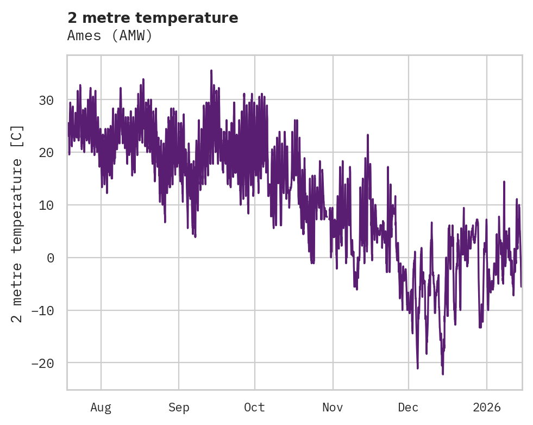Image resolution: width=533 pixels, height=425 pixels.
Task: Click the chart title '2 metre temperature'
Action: (153, 18)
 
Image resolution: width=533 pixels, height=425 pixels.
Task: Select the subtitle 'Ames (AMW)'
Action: (110, 36)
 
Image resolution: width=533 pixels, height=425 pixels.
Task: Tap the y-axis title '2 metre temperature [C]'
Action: (17, 223)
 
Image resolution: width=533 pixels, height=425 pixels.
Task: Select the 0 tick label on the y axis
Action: (51, 258)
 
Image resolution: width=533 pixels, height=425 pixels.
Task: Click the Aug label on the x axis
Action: (101, 407)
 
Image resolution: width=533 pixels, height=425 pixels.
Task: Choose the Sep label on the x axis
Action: (179, 407)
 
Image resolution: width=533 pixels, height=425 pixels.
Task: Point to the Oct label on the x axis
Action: (254, 407)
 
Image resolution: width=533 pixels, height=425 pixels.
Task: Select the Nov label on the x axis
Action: (333, 407)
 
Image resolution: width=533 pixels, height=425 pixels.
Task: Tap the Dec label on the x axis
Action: (408, 407)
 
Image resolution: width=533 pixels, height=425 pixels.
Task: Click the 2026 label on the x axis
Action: (486, 407)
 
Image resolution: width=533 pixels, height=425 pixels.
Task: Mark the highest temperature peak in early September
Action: (211, 71)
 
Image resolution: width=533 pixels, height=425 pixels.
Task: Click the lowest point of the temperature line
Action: (443, 374)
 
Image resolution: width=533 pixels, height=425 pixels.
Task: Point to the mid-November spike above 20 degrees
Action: (368, 135)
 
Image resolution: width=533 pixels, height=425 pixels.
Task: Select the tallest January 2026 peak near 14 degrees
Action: (504, 182)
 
